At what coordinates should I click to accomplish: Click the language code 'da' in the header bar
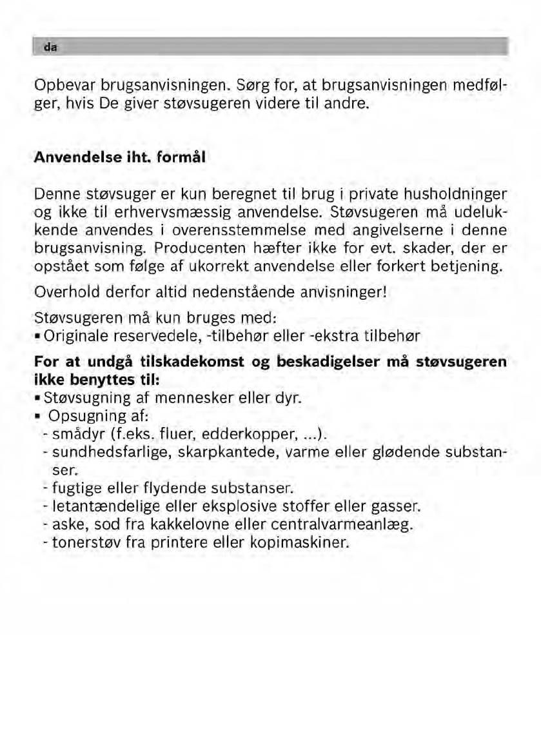(48, 47)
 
